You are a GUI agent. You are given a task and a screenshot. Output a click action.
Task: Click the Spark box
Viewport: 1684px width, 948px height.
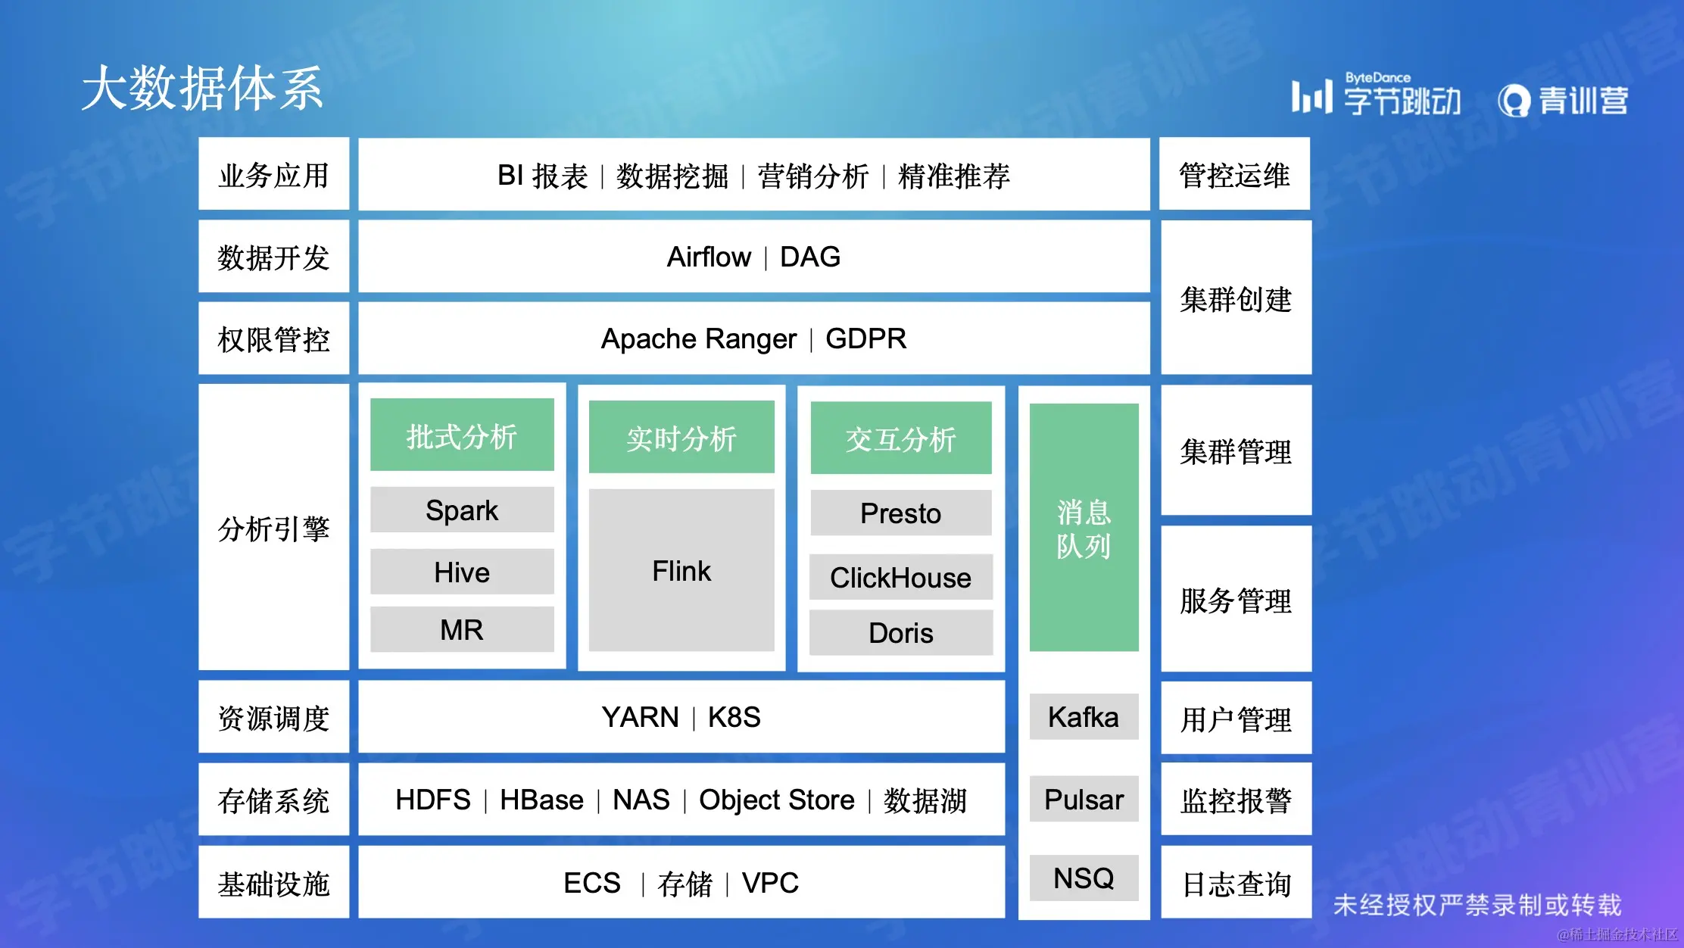(x=462, y=510)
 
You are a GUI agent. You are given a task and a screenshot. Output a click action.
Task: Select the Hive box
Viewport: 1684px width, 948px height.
(x=462, y=572)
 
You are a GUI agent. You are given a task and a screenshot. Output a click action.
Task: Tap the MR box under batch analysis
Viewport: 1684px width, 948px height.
(x=462, y=629)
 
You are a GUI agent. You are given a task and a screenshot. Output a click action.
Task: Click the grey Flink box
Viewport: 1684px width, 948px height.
(x=681, y=570)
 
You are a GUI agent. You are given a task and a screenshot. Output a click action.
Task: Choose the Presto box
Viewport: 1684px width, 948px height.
(x=901, y=513)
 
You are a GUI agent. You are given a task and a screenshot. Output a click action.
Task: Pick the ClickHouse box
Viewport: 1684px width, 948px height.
(x=901, y=577)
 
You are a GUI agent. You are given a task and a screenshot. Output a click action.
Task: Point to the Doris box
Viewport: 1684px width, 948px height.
(x=901, y=633)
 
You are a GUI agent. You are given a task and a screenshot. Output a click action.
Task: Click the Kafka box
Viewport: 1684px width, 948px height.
(x=1084, y=716)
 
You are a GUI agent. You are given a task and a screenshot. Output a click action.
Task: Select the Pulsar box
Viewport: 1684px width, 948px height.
(x=1084, y=799)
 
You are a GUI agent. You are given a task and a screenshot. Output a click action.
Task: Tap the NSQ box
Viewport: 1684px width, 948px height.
(x=1084, y=878)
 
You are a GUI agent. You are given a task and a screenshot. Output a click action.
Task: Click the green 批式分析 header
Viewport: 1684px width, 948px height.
(x=462, y=435)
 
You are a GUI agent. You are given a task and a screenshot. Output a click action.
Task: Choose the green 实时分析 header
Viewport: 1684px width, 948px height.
(x=681, y=438)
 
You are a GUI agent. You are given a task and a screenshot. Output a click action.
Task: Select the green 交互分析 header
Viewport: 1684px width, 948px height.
(x=901, y=438)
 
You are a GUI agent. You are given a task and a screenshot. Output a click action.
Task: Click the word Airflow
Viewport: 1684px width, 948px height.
(x=709, y=257)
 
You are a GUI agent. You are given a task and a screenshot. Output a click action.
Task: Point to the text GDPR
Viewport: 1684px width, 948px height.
(x=865, y=338)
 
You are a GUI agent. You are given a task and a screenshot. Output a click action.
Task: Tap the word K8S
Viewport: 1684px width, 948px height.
(x=734, y=717)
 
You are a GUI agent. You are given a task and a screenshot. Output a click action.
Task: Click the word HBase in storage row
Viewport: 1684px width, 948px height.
(x=541, y=800)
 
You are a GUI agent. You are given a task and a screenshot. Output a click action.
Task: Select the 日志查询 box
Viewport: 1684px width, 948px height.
(x=1236, y=882)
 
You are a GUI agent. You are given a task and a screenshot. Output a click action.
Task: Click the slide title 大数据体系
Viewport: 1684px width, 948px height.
(x=202, y=89)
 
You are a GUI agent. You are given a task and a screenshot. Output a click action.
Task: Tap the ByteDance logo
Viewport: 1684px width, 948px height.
(x=1377, y=97)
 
